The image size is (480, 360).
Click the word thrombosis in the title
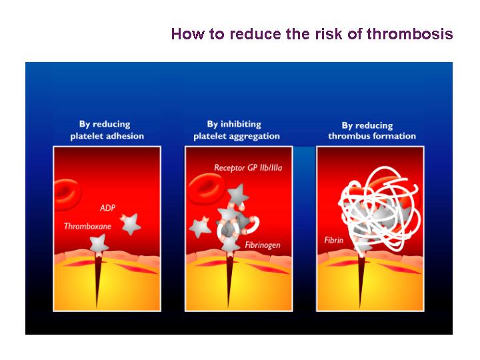[x=409, y=34]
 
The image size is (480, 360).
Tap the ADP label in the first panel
[x=107, y=208]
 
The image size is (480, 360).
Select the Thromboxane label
[x=87, y=226]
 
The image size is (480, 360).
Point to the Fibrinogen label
[x=263, y=245]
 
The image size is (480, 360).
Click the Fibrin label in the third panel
[x=334, y=240]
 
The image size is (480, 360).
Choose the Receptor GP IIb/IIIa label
[x=248, y=168]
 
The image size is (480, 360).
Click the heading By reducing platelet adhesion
[x=107, y=130]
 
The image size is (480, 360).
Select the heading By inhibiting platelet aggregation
[x=236, y=130]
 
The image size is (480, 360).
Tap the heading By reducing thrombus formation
[x=372, y=131]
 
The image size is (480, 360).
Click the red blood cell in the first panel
[x=67, y=195]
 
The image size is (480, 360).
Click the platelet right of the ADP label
[x=131, y=224]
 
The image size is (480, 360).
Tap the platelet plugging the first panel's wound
[x=99, y=245]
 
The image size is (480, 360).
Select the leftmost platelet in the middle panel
[x=200, y=227]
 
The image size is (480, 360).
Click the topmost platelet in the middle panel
[x=238, y=195]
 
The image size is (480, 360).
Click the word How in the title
[x=187, y=34]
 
